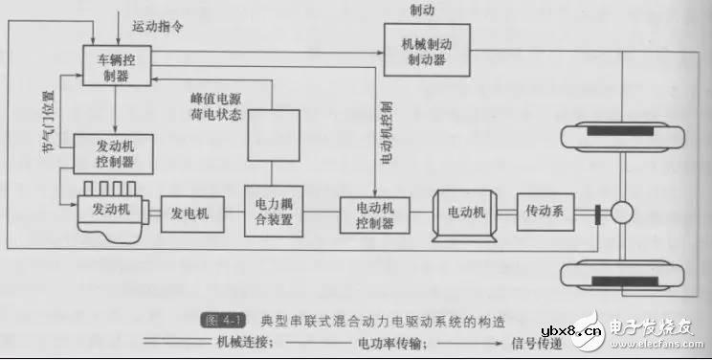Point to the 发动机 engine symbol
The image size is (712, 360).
tap(111, 205)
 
